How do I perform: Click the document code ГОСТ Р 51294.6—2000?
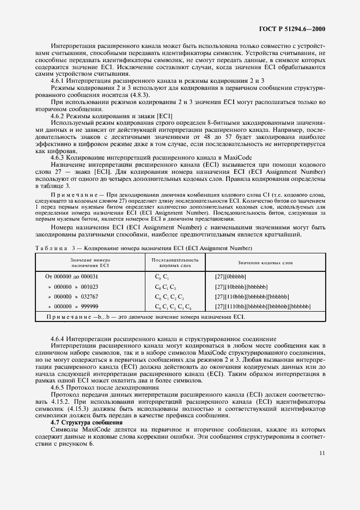[295, 28]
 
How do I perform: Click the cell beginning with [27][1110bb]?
[263, 306]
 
